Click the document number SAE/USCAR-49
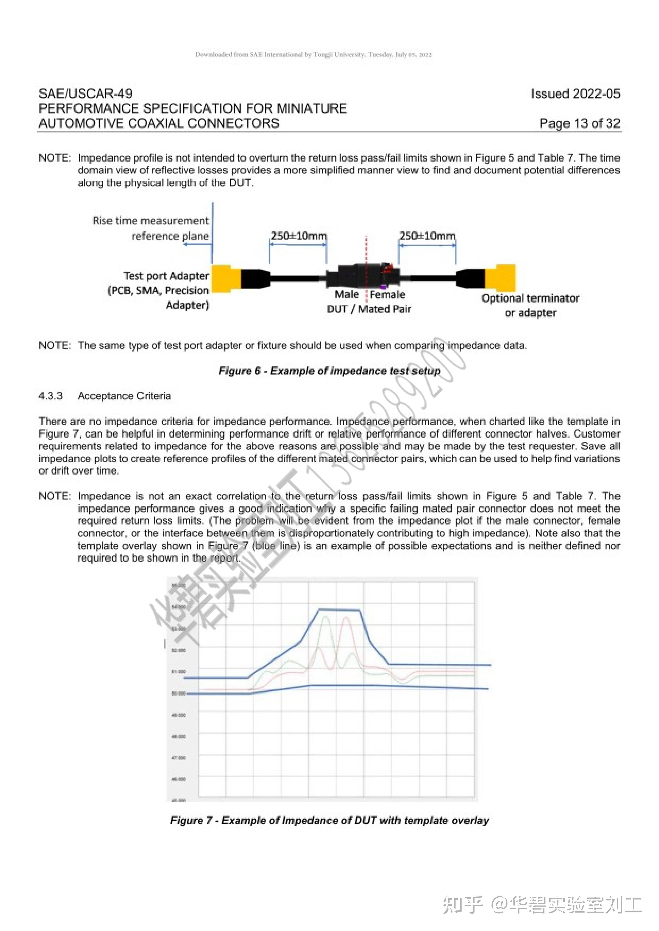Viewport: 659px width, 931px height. click(86, 94)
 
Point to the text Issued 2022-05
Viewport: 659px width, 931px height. click(576, 94)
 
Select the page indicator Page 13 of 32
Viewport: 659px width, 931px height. click(580, 123)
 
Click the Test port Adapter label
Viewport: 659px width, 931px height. click(166, 276)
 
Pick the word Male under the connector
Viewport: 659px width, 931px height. click(346, 294)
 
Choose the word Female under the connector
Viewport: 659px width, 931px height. click(387, 294)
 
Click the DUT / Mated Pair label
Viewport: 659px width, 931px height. click(369, 309)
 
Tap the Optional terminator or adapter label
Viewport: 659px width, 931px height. click(530, 305)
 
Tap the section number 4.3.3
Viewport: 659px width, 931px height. click(51, 396)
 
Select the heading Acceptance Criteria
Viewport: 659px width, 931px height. click(124, 396)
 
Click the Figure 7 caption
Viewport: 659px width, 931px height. click(329, 820)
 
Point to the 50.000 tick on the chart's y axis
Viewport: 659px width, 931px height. click(179, 694)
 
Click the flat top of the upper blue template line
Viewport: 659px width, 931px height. click(339, 610)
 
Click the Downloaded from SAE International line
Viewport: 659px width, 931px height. click(313, 55)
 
